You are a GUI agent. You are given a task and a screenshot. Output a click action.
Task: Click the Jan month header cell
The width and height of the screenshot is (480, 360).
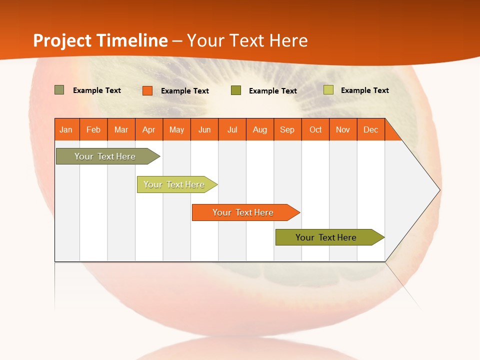[x=66, y=129]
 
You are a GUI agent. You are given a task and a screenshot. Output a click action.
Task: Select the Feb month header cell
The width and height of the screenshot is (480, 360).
[x=93, y=129]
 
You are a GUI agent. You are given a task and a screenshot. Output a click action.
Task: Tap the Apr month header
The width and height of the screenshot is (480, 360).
[x=149, y=129]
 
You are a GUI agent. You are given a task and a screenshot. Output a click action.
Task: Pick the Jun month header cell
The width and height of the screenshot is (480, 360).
[x=204, y=129]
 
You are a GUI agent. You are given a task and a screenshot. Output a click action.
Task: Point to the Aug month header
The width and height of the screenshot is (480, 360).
[x=260, y=129]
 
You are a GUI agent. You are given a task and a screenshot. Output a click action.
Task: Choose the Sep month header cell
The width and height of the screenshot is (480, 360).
[x=287, y=129]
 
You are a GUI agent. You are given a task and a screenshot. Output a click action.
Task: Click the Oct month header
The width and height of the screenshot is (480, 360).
[x=315, y=129]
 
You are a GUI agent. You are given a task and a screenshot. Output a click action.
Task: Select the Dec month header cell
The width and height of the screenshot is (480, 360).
[x=371, y=129]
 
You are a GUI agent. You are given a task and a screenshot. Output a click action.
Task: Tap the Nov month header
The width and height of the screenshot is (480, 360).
[x=343, y=129]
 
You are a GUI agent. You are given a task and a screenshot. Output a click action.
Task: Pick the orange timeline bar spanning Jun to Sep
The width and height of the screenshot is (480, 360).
[x=243, y=212]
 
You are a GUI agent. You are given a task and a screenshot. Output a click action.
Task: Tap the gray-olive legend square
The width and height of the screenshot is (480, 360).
[x=59, y=90]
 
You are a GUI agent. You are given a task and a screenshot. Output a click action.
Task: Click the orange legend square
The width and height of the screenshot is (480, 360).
[x=147, y=90]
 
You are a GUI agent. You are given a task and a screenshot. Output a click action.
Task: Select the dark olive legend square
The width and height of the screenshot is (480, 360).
[x=236, y=90]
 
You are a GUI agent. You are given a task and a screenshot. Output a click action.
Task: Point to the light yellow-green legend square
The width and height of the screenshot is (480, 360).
[x=328, y=90]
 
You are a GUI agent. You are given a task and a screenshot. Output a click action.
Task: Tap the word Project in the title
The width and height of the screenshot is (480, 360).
[x=62, y=40]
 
